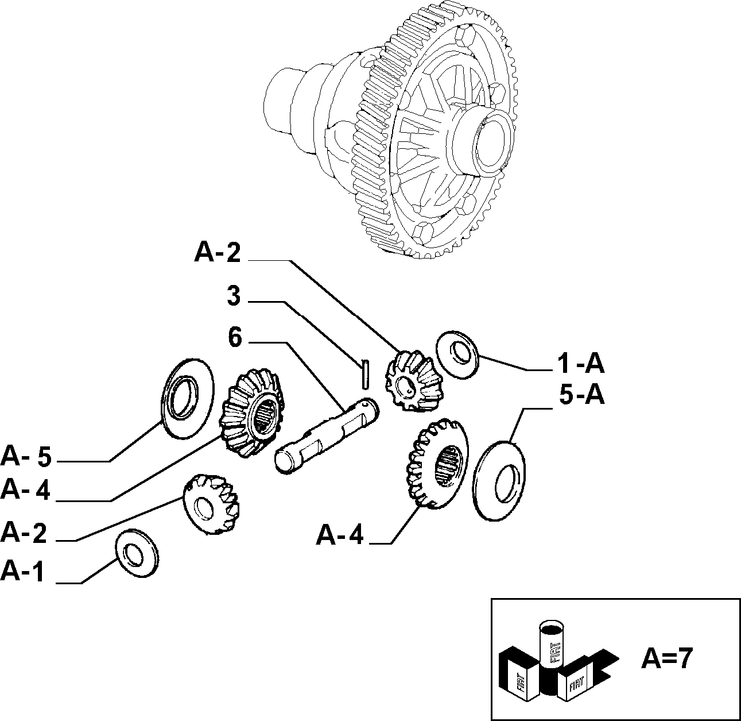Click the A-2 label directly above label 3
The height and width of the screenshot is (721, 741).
click(x=218, y=252)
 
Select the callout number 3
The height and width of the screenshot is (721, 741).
click(x=234, y=296)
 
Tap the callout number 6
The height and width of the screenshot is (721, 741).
click(x=235, y=337)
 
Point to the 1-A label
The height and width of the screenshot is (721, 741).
click(x=581, y=364)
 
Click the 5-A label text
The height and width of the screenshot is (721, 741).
click(x=582, y=395)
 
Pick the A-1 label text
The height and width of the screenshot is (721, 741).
click(x=22, y=572)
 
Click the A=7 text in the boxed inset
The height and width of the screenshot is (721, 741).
click(x=666, y=658)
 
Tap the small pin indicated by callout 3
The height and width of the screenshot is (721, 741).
click(x=365, y=374)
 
